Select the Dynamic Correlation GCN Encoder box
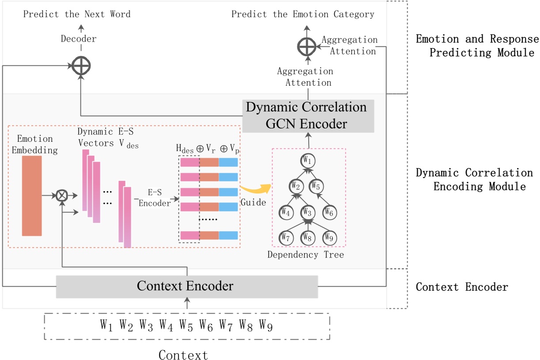[x=308, y=116]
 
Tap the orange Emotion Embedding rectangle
[x=32, y=196]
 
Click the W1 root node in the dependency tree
[x=307, y=160]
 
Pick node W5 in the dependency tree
[x=315, y=186]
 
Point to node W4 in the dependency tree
[x=285, y=212]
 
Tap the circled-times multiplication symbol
[x=62, y=195]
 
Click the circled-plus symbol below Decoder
[x=81, y=66]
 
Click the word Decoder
[x=79, y=39]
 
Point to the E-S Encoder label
[x=155, y=199]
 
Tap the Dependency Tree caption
[x=305, y=255]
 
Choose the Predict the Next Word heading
[x=77, y=14]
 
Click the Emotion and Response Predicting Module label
[x=477, y=46]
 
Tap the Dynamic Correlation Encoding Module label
[x=474, y=179]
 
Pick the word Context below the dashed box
[x=183, y=355]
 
